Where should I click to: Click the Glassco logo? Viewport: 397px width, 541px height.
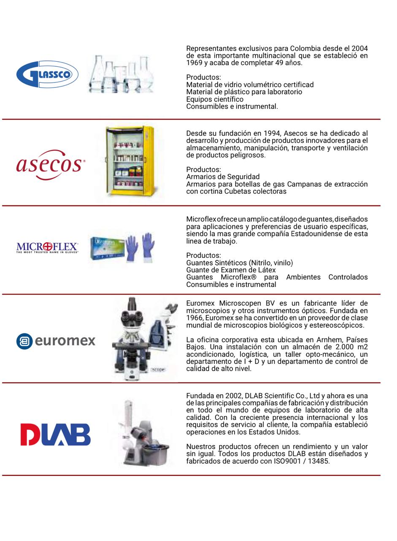point(47,74)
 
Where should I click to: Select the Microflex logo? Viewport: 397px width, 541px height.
point(47,247)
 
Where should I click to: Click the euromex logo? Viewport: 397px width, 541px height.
point(56,341)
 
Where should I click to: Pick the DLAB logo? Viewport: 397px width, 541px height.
point(55,434)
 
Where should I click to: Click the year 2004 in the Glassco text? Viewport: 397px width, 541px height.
point(359,48)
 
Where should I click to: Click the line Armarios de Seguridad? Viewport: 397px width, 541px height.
point(223,177)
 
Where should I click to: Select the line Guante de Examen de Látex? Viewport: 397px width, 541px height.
point(231,270)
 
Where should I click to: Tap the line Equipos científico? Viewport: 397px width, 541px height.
point(215,99)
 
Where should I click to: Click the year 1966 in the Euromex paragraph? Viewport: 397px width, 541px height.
point(194,318)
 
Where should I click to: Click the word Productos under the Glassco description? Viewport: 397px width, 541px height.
point(203,77)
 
